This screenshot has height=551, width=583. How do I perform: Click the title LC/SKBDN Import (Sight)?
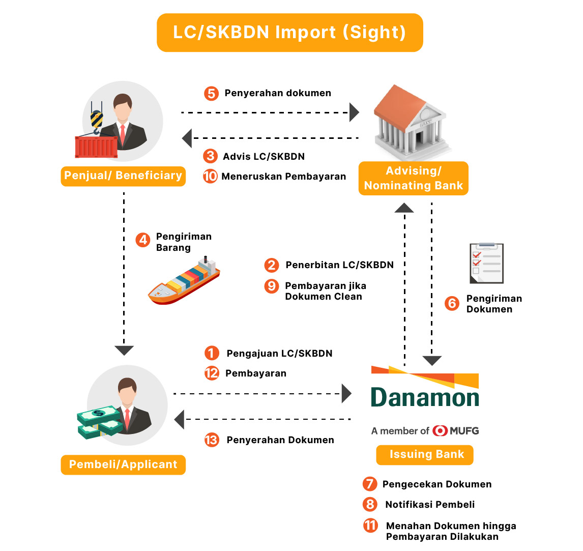pyautogui.click(x=289, y=33)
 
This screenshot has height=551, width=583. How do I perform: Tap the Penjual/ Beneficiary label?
pyautogui.click(x=123, y=176)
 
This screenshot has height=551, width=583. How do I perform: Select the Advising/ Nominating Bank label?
pyautogui.click(x=413, y=178)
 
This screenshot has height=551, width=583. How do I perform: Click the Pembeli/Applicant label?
pyautogui.click(x=123, y=465)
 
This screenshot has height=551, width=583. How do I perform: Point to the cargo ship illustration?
pyautogui.click(x=184, y=282)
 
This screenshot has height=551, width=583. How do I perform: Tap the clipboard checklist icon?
pyautogui.click(x=486, y=263)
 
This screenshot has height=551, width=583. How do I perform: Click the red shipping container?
pyautogui.click(x=96, y=147)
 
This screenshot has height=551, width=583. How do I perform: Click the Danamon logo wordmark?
pyautogui.click(x=425, y=397)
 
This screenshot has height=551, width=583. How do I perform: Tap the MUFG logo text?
pyautogui.click(x=464, y=431)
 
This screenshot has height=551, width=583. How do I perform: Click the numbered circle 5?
pyautogui.click(x=211, y=94)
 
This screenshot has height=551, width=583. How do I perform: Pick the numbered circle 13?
pyautogui.click(x=212, y=440)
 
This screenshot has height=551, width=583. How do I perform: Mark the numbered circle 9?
pyautogui.click(x=272, y=286)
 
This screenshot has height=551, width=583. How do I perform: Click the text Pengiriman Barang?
pyautogui.click(x=183, y=242)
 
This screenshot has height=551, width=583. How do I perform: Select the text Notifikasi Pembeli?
pyautogui.click(x=430, y=505)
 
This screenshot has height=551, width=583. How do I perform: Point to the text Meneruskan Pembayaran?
pyautogui.click(x=283, y=177)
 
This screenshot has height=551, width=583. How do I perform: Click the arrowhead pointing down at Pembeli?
pyautogui.click(x=124, y=351)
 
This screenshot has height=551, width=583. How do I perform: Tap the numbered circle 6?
pyautogui.click(x=452, y=304)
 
